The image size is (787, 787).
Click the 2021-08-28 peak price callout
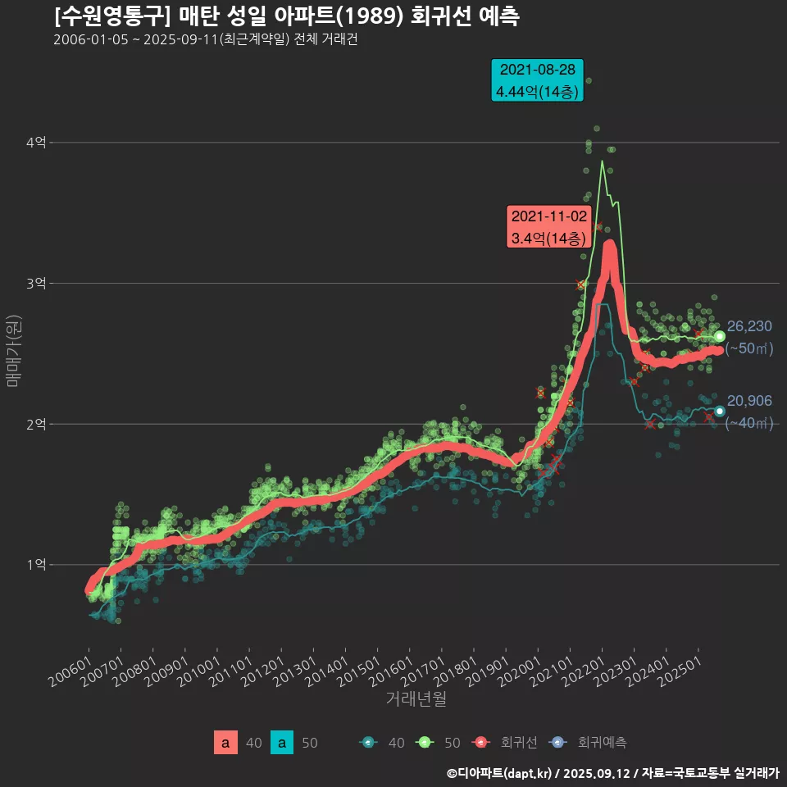click(537, 80)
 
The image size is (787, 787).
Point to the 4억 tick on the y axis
click(35, 143)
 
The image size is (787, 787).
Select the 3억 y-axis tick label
click(35, 284)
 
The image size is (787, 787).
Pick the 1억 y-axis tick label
click(35, 565)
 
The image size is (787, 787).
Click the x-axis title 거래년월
click(416, 699)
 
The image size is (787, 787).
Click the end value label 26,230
click(749, 326)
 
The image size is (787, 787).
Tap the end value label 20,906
click(749, 401)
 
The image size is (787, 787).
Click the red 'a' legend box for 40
click(225, 743)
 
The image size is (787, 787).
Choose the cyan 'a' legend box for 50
click(282, 743)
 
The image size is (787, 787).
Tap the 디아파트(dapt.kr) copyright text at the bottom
click(500, 772)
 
